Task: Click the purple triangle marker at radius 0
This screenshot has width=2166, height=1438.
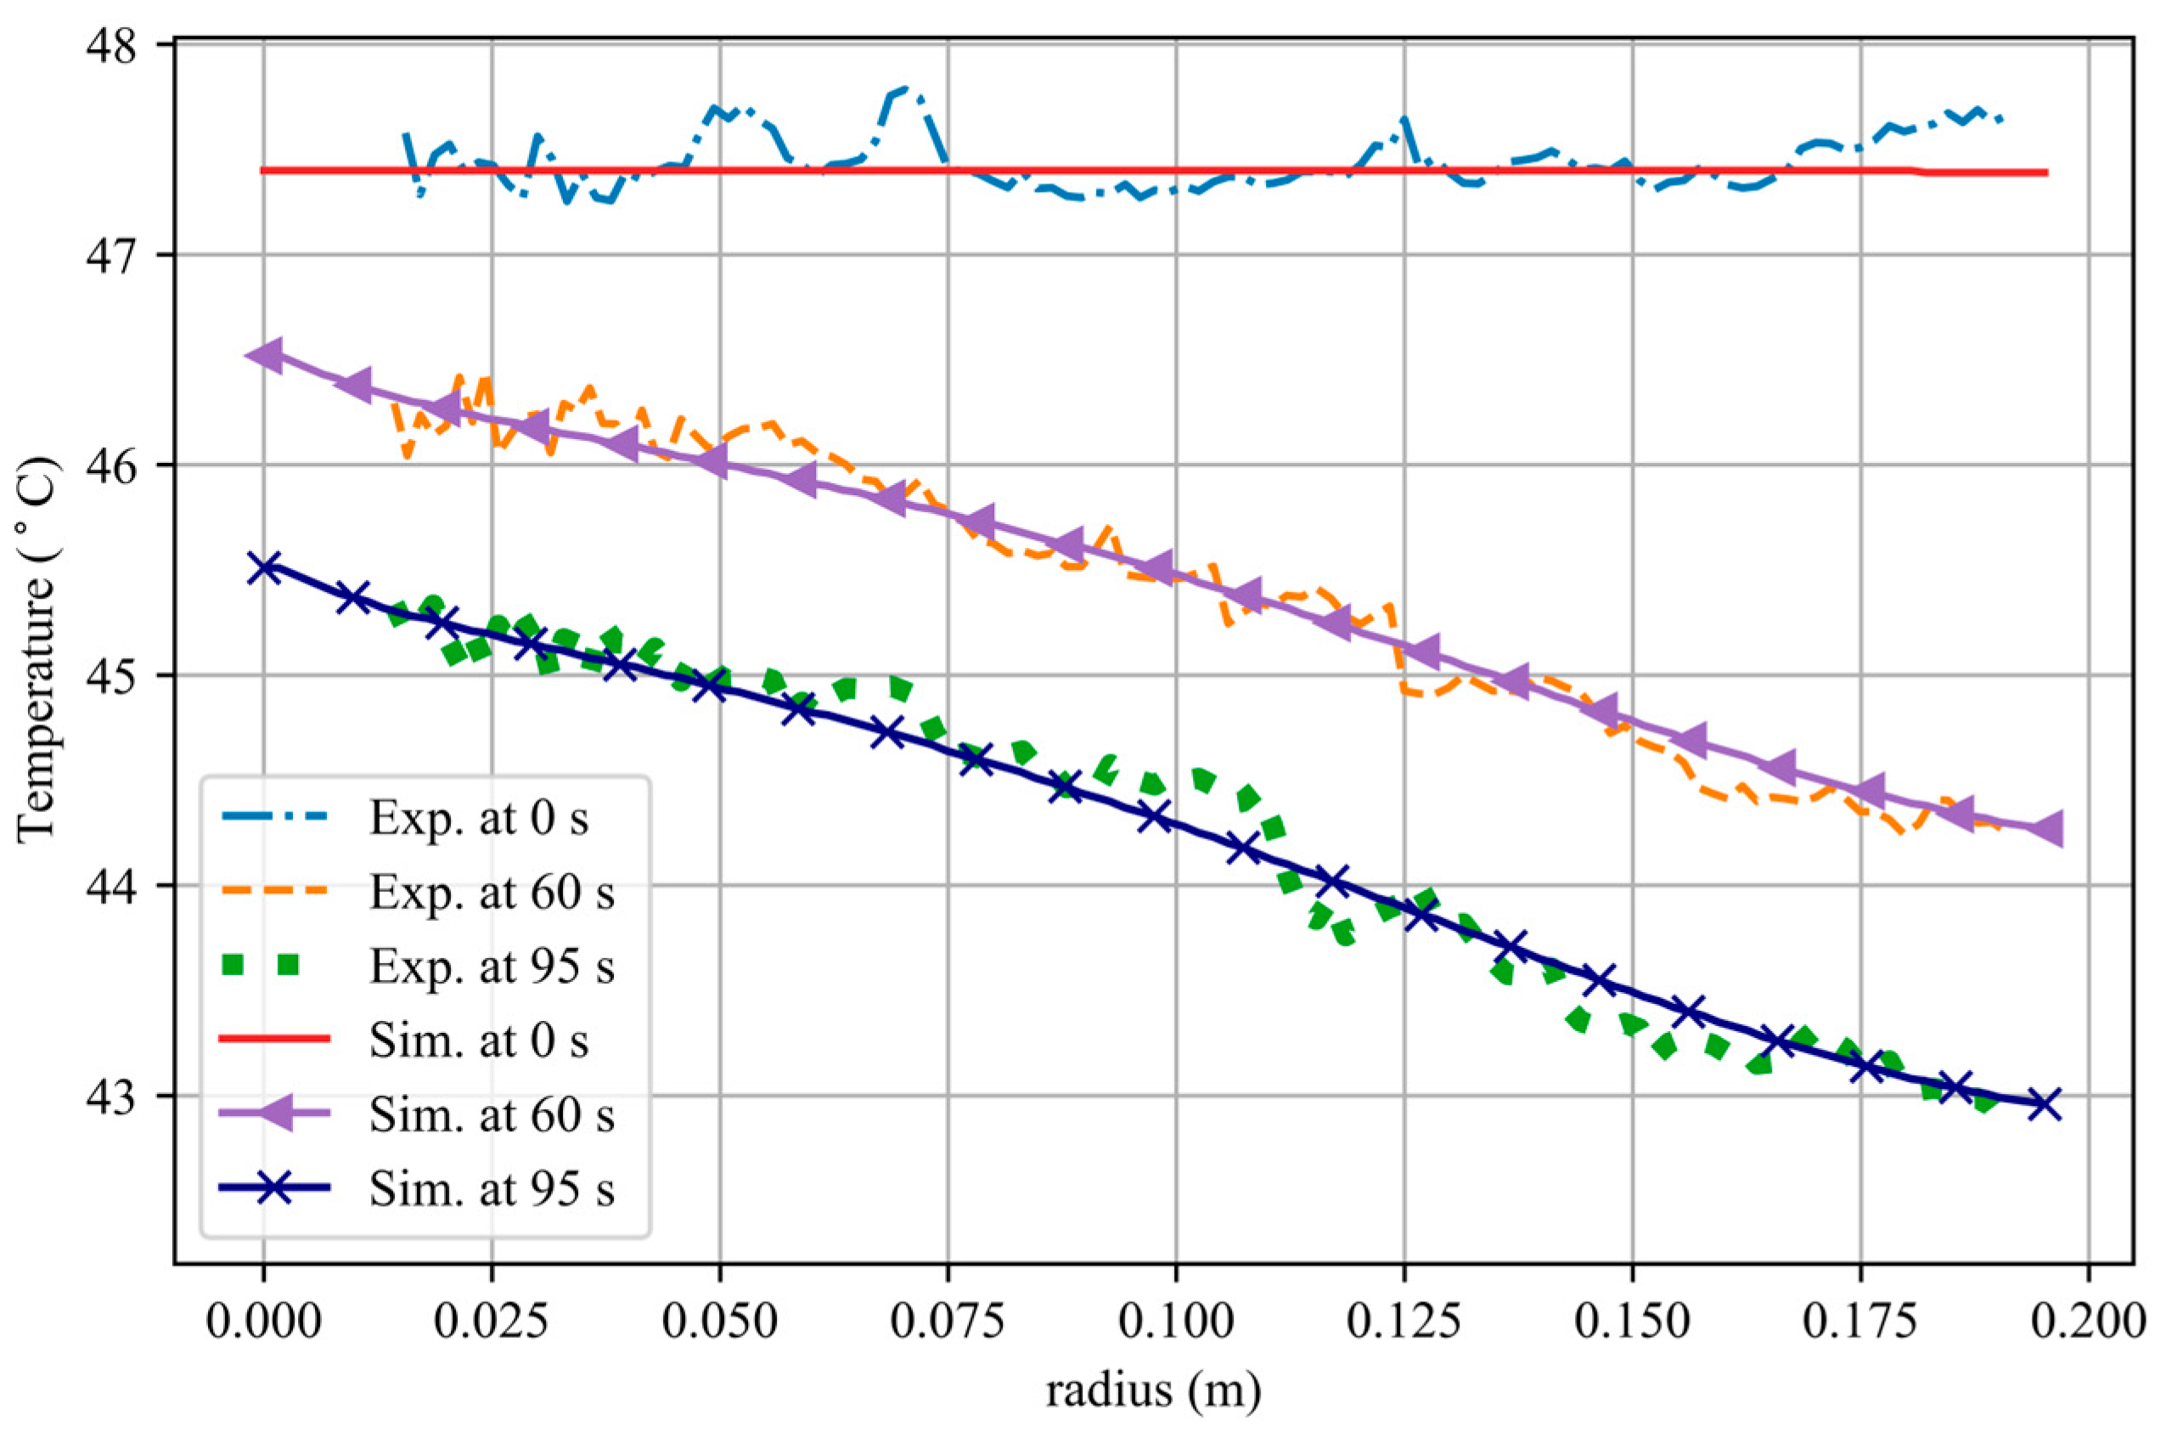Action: pos(264,355)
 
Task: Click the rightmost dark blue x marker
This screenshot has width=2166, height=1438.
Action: pos(2045,1106)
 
